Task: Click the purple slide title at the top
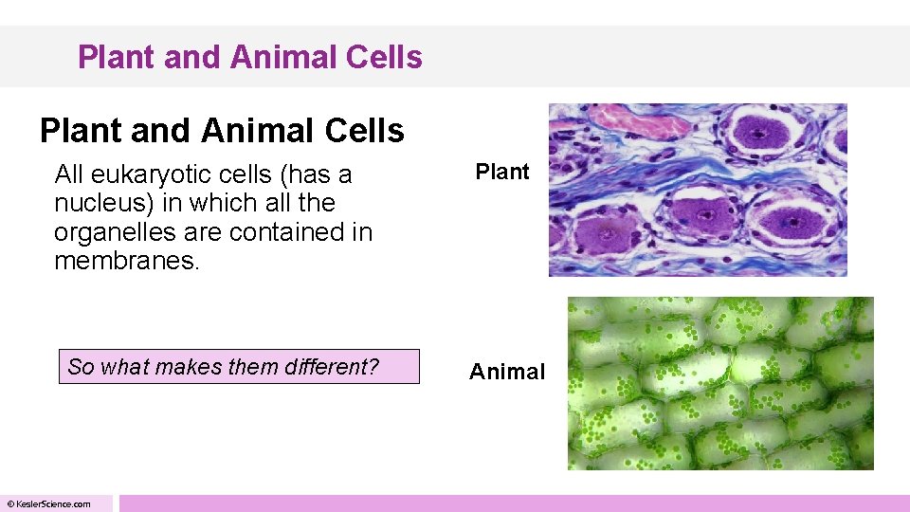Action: click(249, 57)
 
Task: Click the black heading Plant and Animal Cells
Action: click(222, 131)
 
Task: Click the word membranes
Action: click(126, 260)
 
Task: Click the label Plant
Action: click(501, 172)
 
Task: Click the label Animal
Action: click(507, 372)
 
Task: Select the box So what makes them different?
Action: click(243, 367)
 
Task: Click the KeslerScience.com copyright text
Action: click(49, 503)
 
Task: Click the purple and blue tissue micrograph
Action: click(697, 190)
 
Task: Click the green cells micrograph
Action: click(719, 383)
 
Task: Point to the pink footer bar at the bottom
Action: click(512, 503)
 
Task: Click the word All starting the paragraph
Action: click(69, 174)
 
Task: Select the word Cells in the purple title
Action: click(384, 57)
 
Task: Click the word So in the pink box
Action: click(81, 367)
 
